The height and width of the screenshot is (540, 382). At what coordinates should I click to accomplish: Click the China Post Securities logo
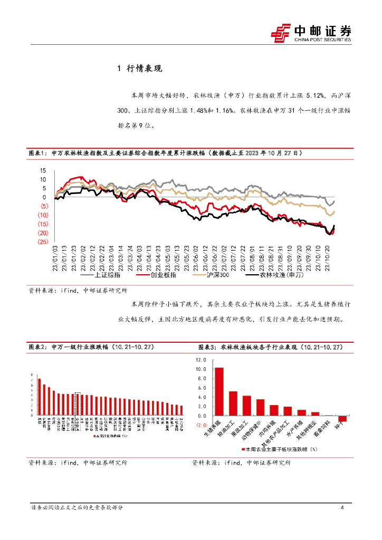[x=311, y=33]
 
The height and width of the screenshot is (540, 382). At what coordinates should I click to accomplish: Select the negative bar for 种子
[x=342, y=419]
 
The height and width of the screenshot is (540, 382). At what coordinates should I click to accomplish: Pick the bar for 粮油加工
[x=233, y=403]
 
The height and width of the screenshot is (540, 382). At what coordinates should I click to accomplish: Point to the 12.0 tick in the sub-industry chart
[x=201, y=360]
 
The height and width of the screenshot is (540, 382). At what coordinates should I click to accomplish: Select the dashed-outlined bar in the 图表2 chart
[x=78, y=404]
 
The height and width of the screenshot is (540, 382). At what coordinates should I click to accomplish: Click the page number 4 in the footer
[x=342, y=508]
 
